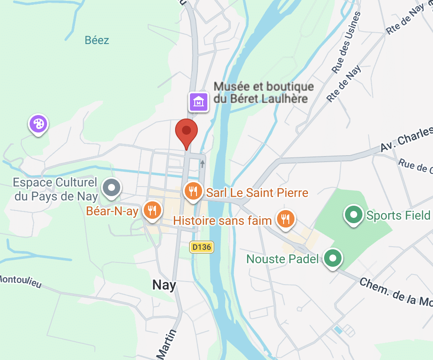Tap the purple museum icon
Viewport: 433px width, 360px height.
[x=198, y=102]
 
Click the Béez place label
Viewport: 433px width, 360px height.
[x=97, y=41]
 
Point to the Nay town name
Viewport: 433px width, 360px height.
[x=164, y=285]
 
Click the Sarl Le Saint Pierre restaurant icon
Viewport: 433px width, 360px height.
[x=193, y=191]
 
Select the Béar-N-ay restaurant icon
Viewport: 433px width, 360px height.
[x=152, y=210]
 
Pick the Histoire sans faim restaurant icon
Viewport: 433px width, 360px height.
[x=286, y=219]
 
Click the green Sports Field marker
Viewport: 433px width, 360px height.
[x=354, y=214]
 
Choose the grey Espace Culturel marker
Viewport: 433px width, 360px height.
[x=112, y=188]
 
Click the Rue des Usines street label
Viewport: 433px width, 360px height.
[x=347, y=42]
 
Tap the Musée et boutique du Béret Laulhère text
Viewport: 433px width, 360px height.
[x=264, y=92]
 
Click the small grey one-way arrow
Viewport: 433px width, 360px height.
[x=203, y=164]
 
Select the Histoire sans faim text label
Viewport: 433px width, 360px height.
[x=223, y=221]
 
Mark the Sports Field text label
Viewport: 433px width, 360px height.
[x=398, y=215]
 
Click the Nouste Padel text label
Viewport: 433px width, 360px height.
[x=282, y=259]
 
